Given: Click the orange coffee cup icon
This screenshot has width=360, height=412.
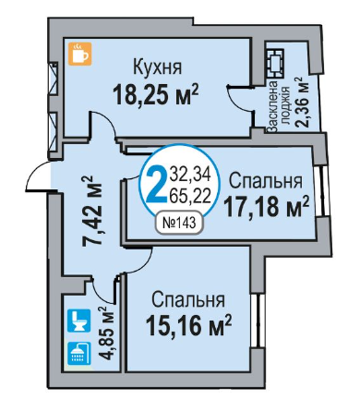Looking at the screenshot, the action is click(x=80, y=54).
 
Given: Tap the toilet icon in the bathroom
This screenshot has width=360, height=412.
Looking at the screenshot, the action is click(x=78, y=321).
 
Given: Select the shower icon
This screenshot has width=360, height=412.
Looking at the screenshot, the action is click(x=78, y=353).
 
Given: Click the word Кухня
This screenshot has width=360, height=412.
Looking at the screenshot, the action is click(x=157, y=67).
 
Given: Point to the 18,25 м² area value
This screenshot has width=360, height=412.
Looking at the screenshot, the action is click(x=156, y=94).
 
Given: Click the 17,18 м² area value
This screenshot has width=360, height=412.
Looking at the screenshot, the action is click(x=267, y=207).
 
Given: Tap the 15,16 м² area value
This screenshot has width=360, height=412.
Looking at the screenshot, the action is click(x=188, y=326).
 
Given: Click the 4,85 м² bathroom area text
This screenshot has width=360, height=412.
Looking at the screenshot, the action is click(x=106, y=333).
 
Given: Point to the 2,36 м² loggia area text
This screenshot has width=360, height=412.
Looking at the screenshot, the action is click(x=302, y=103).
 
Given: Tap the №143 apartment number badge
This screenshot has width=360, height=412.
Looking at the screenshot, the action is click(x=179, y=223).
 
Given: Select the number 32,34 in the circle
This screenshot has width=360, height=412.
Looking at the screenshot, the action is click(x=191, y=175).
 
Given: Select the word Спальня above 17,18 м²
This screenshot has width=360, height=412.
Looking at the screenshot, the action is click(x=266, y=181).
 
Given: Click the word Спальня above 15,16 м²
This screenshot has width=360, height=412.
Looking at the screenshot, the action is click(x=188, y=299).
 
